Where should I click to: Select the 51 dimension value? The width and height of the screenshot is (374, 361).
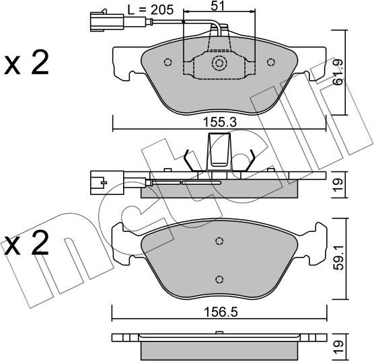click(218, 7)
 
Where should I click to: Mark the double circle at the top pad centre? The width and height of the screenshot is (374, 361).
click(219, 63)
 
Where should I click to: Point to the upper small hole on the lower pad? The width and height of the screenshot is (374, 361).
click(219, 241)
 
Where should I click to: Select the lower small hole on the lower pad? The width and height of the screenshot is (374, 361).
click(219, 279)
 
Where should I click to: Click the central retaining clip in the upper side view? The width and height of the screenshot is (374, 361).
click(219, 151)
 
